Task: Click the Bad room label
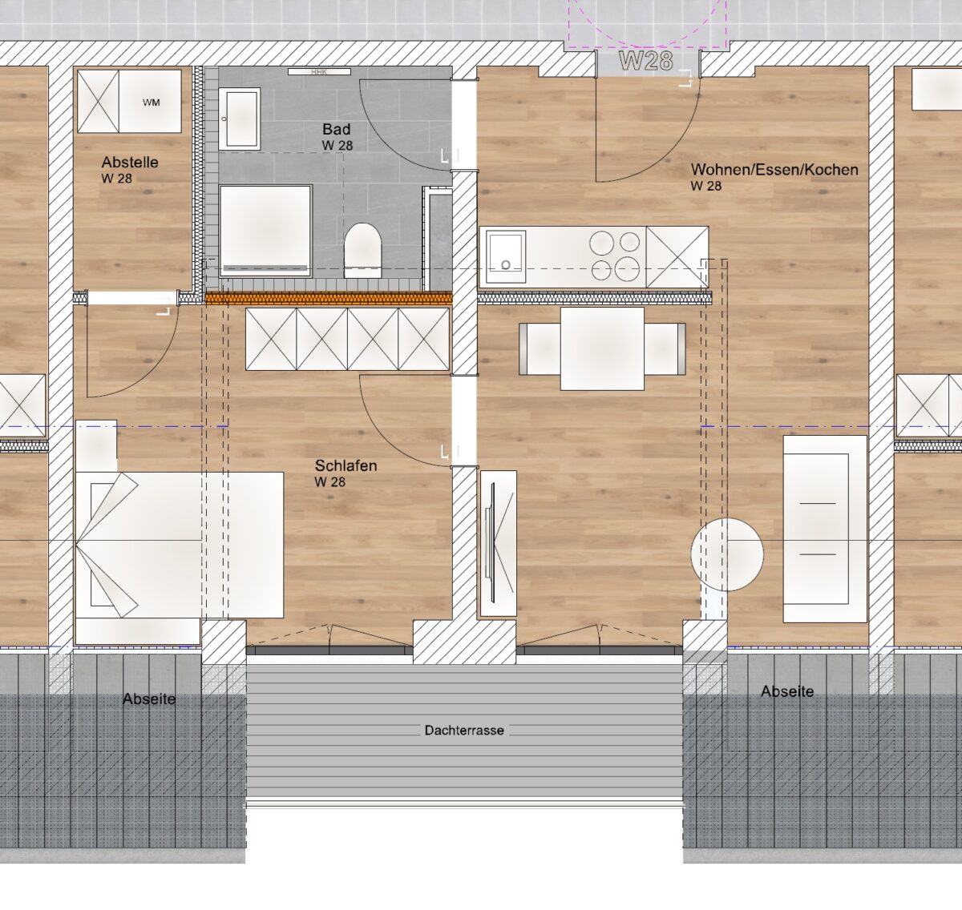(x=337, y=130)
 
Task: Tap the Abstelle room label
(x=130, y=163)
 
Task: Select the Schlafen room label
(x=346, y=465)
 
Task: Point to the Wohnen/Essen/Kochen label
(x=774, y=170)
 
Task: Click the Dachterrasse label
(x=464, y=731)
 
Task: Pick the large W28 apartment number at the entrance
(x=646, y=61)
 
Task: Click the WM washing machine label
(x=152, y=103)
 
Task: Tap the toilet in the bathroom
(x=362, y=251)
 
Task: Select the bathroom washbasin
(x=239, y=119)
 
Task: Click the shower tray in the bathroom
(x=265, y=231)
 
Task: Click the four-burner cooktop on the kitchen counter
(x=616, y=256)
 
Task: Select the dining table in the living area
(x=602, y=348)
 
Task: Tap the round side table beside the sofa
(x=727, y=554)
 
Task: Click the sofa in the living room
(x=825, y=529)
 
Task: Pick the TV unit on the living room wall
(x=498, y=543)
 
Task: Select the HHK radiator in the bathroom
(x=319, y=72)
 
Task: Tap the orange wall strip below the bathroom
(x=329, y=298)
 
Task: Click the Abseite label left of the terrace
(x=149, y=699)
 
